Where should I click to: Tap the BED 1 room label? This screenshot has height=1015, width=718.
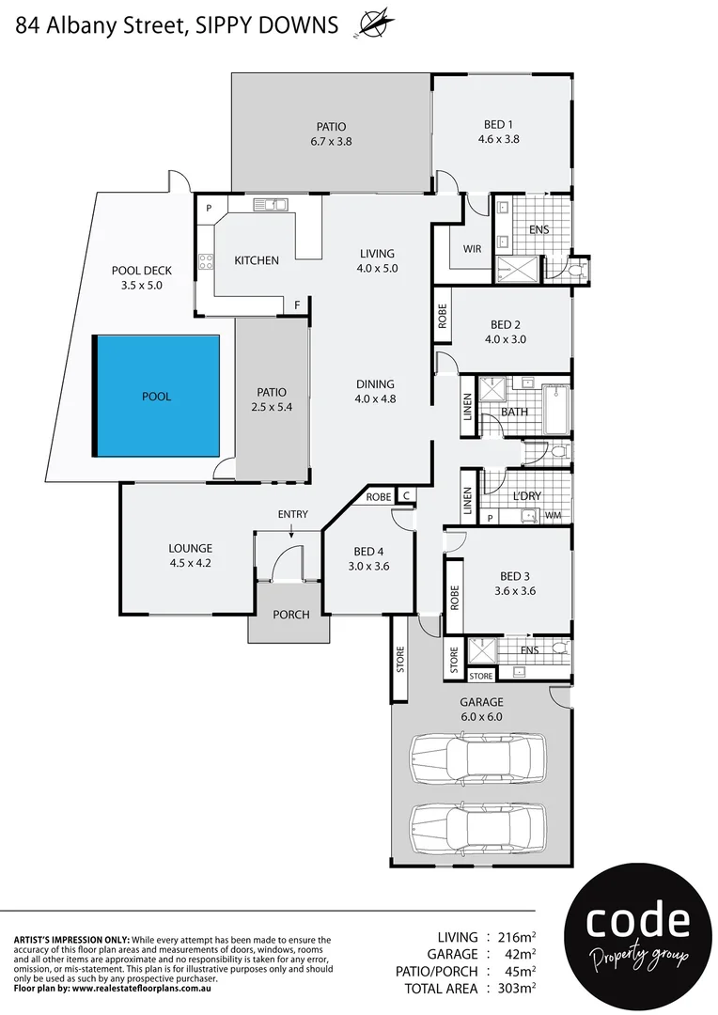pos(498,124)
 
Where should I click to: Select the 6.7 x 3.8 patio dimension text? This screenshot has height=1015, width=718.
pos(331,142)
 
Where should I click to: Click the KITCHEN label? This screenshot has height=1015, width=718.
pos(257,260)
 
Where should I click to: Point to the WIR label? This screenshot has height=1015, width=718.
pos(472,249)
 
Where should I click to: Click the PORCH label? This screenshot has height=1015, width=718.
pos(290,616)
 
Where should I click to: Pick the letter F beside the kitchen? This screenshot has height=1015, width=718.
pos(297,305)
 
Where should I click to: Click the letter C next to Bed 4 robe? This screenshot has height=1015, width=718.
pos(406,496)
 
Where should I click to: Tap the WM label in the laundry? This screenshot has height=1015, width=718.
pos(553,515)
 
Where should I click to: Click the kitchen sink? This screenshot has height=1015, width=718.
pos(275,203)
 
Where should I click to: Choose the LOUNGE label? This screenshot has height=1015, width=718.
pos(190,548)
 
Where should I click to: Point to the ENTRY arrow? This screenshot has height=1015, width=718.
pos(291,530)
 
